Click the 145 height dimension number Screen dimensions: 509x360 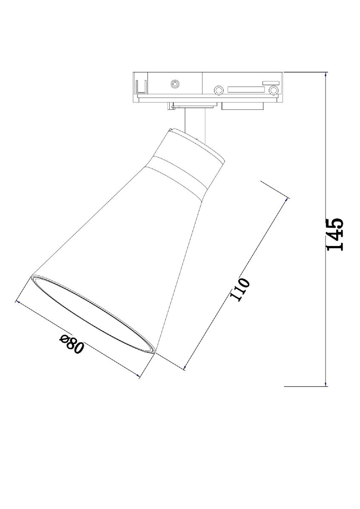tap(335, 235)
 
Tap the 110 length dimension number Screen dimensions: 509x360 tap(240, 289)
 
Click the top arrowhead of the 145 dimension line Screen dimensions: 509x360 tap(326, 74)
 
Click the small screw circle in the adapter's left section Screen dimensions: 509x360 tap(174, 84)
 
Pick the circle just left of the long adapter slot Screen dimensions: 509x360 tap(219, 90)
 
